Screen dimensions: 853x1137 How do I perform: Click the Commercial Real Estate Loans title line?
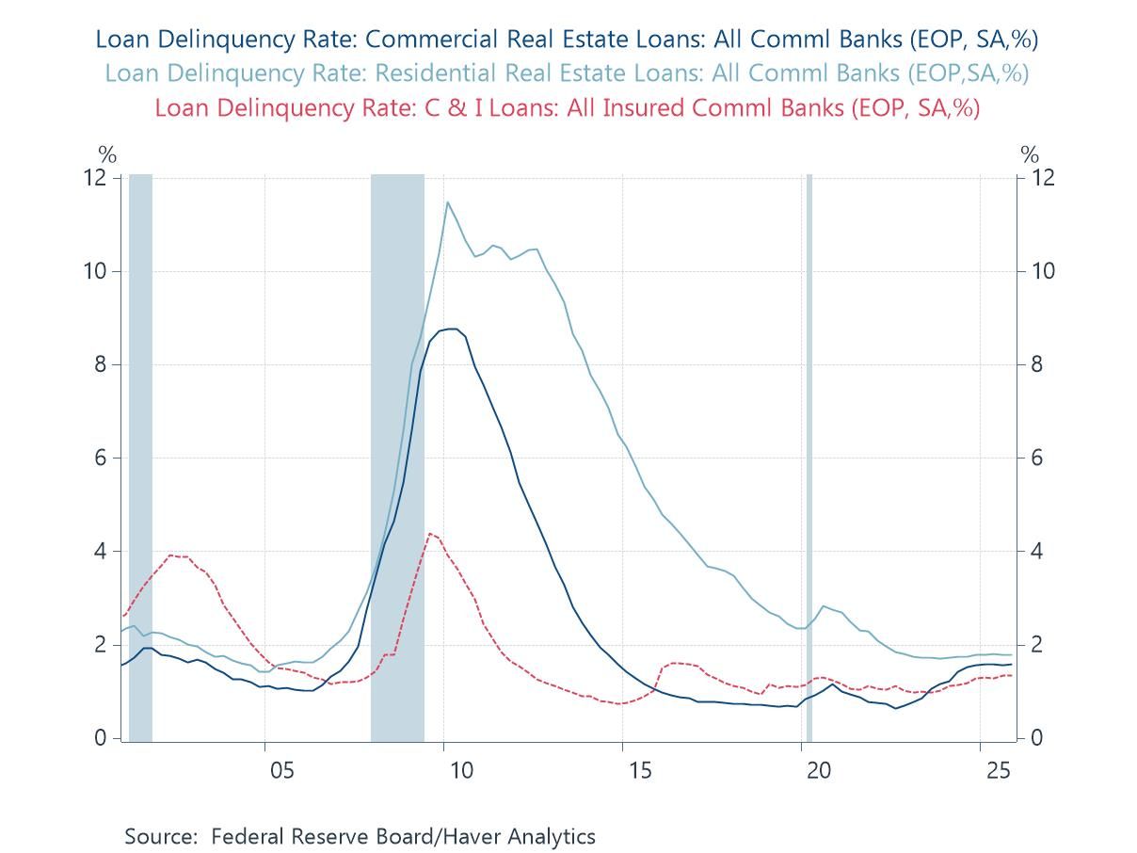click(x=567, y=39)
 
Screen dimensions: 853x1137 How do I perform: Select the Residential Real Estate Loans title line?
click(x=567, y=72)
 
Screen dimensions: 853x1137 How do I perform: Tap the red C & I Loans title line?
click(x=567, y=107)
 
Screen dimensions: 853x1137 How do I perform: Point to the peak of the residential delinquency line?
click(x=447, y=201)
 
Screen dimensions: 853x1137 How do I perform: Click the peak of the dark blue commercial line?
click(x=452, y=329)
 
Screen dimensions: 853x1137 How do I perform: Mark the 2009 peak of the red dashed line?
click(x=429, y=534)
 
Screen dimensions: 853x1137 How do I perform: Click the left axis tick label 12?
click(x=94, y=178)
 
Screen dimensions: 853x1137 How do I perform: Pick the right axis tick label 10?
click(x=1041, y=271)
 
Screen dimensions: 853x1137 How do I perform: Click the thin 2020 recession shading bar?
click(x=809, y=452)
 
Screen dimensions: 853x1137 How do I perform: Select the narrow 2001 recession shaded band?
click(x=140, y=452)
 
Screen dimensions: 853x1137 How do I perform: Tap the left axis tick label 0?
click(x=100, y=738)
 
